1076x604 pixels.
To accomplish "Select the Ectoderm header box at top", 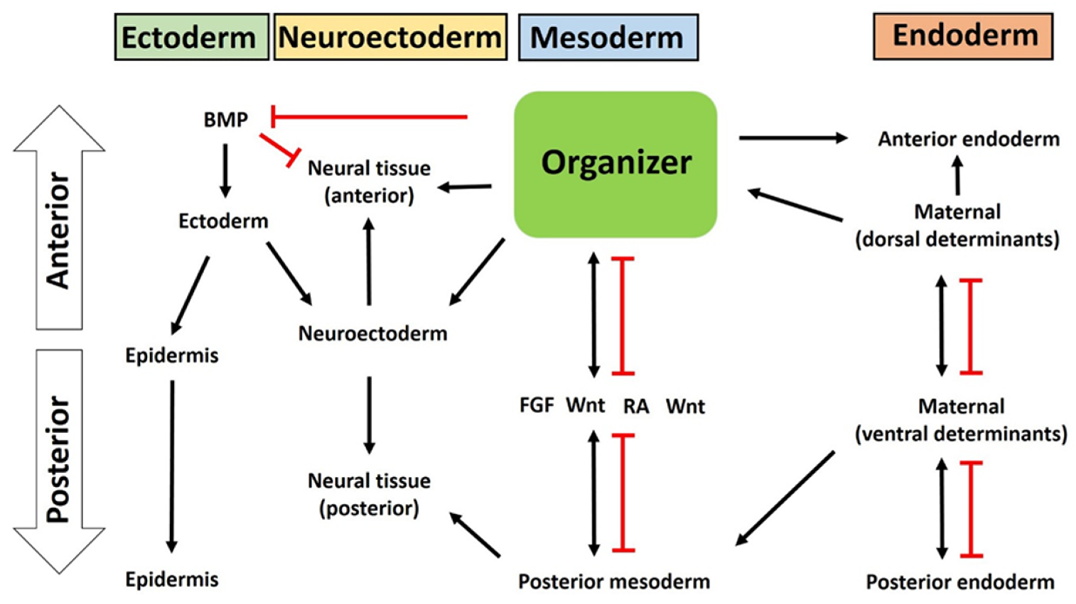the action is [x=192, y=37].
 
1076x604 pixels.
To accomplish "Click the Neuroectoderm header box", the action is [x=391, y=37].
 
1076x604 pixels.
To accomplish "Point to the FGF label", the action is [x=537, y=405].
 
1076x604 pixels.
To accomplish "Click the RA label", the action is [x=636, y=406].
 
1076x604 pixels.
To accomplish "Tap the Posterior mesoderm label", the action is [x=614, y=581].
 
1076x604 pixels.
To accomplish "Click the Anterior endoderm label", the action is [x=969, y=139].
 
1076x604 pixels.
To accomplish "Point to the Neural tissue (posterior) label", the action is [x=369, y=495].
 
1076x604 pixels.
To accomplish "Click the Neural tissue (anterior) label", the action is [x=369, y=182].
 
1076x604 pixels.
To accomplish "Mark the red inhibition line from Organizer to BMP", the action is [x=369, y=117].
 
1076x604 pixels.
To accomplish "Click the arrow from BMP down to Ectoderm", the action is [x=225, y=171].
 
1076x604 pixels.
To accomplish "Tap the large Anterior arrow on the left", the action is [x=59, y=217].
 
